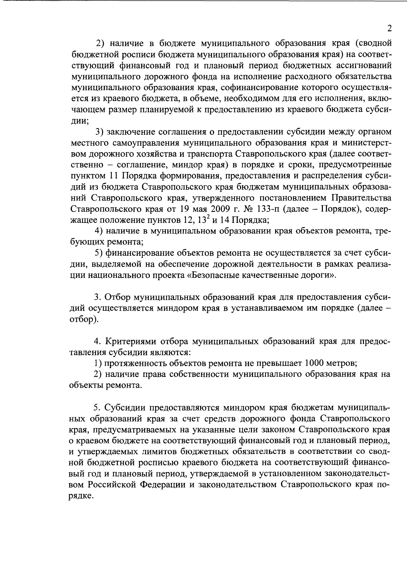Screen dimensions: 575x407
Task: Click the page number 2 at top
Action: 389,28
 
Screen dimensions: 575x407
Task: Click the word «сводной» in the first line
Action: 375,43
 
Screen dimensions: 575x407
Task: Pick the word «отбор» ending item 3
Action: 80,320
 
